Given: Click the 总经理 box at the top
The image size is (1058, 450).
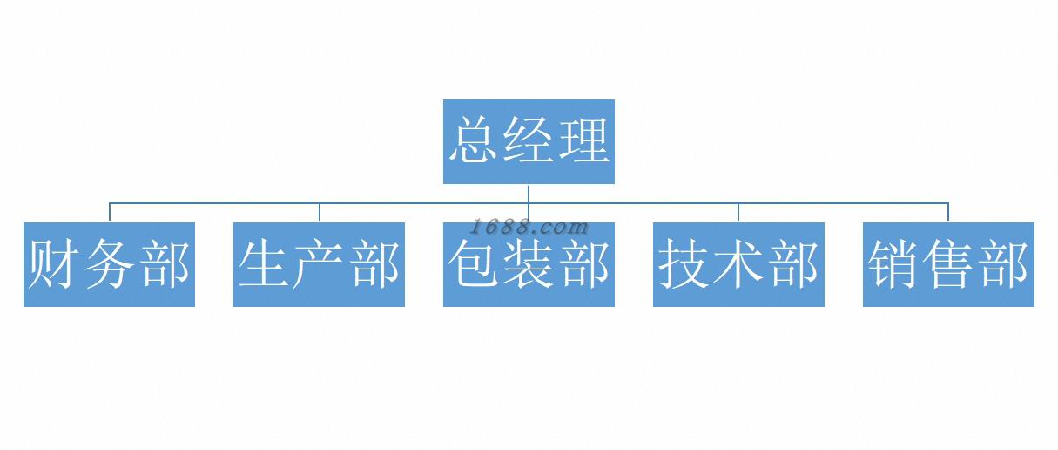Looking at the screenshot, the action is tap(529, 141).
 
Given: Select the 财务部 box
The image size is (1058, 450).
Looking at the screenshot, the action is tap(109, 264).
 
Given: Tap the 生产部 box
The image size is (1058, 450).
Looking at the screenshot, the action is tap(319, 264).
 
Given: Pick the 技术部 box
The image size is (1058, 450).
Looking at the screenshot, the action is tap(738, 264).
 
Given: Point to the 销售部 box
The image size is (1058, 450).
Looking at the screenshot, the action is tap(948, 264).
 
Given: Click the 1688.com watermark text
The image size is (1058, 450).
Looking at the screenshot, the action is tap(529, 227).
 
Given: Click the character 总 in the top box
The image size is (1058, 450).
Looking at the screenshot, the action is tap(475, 141).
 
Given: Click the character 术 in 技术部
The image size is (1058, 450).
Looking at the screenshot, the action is tap(738, 264).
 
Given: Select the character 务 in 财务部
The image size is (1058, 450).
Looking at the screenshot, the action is tap(109, 264).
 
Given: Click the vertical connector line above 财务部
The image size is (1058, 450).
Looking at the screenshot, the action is tap(110, 212).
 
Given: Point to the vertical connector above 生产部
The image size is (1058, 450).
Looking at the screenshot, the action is tap(320, 212).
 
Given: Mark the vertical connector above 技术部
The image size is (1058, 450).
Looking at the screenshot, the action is tap(738, 212).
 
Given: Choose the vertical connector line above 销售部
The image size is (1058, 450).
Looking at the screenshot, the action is tap(948, 212).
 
